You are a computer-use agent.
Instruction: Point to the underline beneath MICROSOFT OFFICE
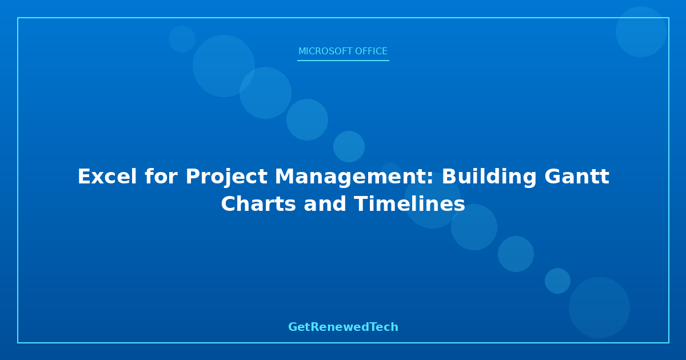(x=343, y=61)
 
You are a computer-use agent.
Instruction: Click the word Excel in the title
(x=107, y=177)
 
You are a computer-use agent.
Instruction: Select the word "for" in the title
(x=161, y=177)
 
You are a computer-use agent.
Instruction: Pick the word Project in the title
(x=226, y=178)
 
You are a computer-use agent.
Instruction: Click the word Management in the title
(x=350, y=178)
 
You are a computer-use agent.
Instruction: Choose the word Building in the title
(x=489, y=178)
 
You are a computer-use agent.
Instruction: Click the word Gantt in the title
(x=577, y=177)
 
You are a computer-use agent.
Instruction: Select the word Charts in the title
(x=258, y=204)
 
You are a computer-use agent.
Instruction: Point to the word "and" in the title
(x=325, y=204)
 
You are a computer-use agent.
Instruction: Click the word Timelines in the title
(x=409, y=204)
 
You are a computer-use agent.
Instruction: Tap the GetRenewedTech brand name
(x=343, y=327)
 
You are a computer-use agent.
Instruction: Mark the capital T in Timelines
(x=361, y=204)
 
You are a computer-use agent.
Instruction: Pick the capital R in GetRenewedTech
(x=315, y=327)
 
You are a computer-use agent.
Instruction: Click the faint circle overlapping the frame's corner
(x=641, y=31)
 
